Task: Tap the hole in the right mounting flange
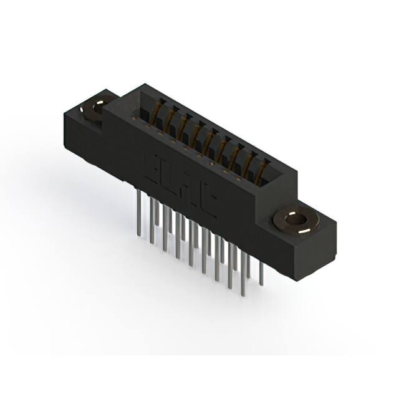294,220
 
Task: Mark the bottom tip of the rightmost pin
261,284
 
